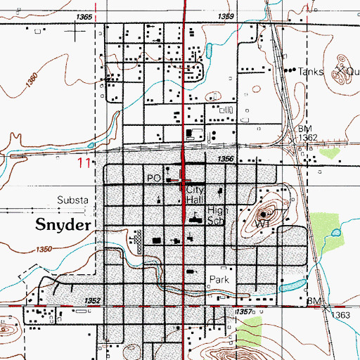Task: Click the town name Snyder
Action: coord(62,224)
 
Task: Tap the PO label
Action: coord(154,179)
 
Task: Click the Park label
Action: coord(219,279)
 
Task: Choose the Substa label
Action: coord(72,200)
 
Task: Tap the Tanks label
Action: coord(309,71)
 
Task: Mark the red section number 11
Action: coord(84,163)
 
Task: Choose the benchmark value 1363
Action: coord(341,315)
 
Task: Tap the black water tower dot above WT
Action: coord(264,213)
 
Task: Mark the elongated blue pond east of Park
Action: coord(292,285)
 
